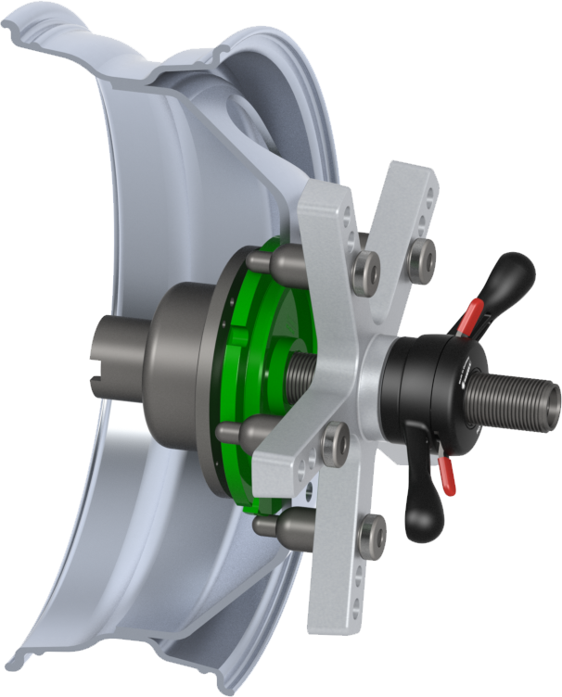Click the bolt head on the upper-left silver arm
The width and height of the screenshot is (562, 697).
click(367, 269)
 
